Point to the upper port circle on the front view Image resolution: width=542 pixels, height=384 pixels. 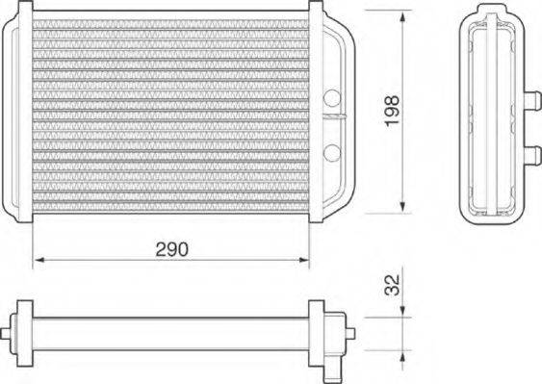coord(332,97)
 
